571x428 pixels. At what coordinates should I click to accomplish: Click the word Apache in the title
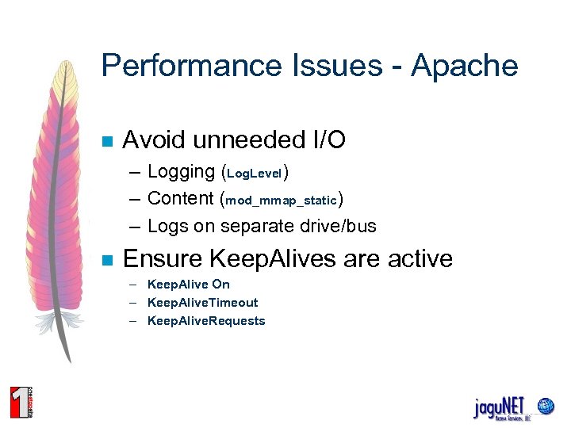[x=465, y=66]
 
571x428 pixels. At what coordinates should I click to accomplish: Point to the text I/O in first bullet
[x=325, y=141]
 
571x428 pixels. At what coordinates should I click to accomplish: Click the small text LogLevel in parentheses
[x=255, y=174]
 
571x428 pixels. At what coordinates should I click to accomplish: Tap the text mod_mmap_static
[x=282, y=201]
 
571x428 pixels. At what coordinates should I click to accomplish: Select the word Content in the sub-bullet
[x=182, y=199]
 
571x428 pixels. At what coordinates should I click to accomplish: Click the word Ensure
[x=162, y=258]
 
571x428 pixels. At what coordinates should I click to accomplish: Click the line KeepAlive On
[x=189, y=285]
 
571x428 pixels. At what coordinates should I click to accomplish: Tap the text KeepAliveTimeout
[x=203, y=303]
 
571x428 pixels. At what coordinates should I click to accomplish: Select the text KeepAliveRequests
[x=206, y=321]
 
